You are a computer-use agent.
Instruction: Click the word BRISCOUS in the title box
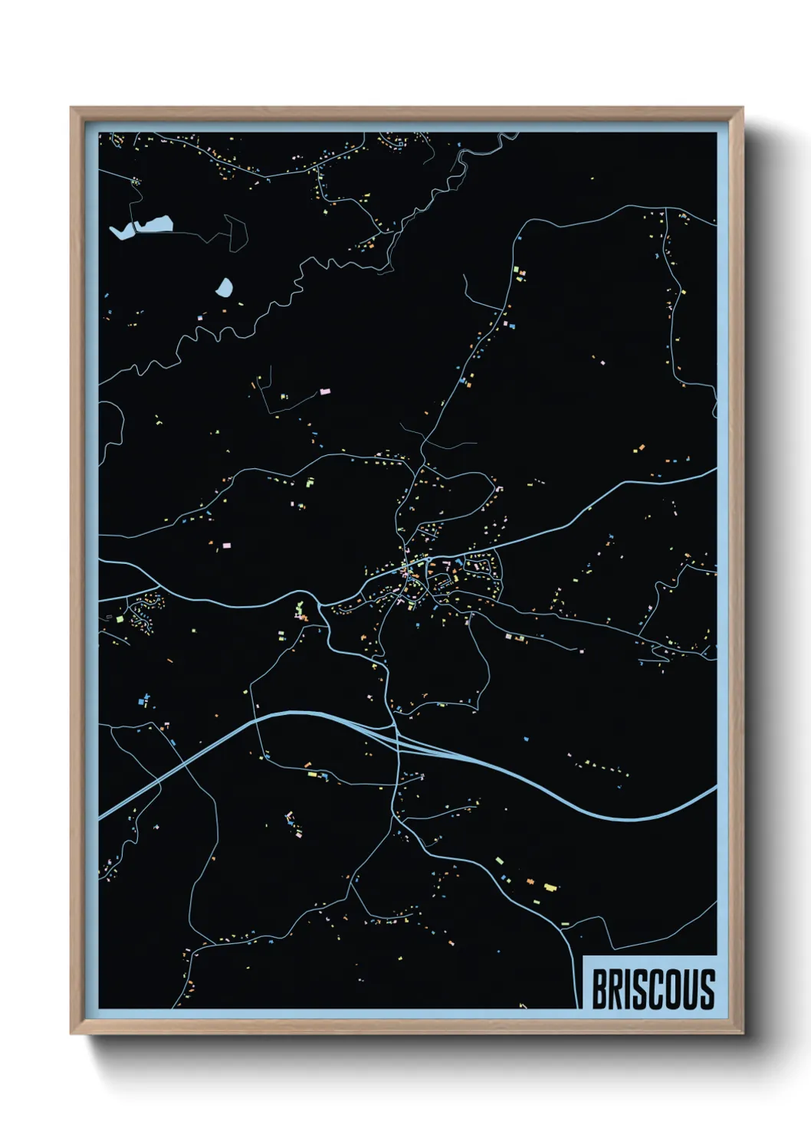click(653, 989)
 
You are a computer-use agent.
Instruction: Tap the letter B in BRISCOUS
click(599, 989)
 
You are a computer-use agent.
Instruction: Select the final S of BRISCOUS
click(708, 989)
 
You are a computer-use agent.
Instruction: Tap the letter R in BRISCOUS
click(615, 989)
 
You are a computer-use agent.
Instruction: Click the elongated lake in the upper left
click(143, 227)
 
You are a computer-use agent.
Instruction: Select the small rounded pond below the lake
click(225, 288)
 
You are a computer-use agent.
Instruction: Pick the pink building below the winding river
click(324, 392)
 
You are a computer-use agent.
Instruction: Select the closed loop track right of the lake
click(236, 231)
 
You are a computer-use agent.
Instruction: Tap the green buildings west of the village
click(299, 610)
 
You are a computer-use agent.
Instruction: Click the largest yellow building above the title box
click(549, 887)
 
